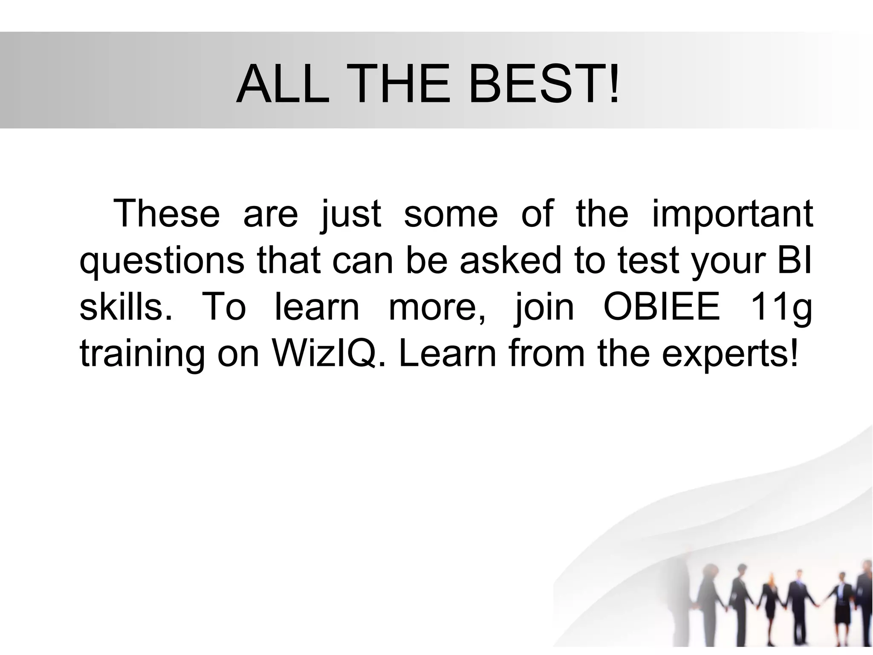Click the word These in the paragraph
pyautogui.click(x=167, y=213)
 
